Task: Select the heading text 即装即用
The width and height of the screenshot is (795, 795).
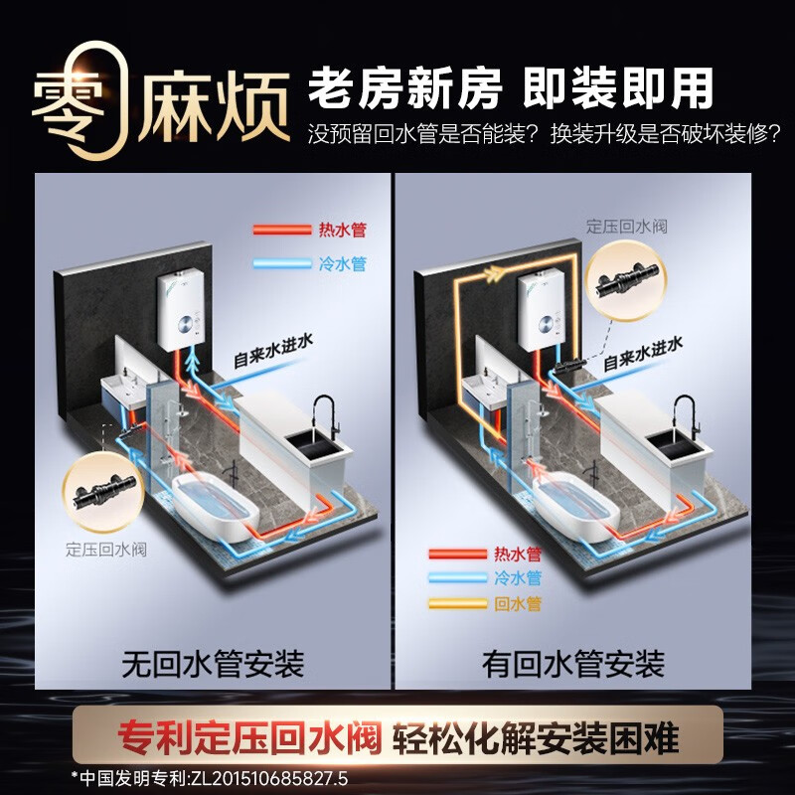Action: pyautogui.click(x=619, y=89)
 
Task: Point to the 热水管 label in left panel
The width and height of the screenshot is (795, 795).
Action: pyautogui.click(x=342, y=230)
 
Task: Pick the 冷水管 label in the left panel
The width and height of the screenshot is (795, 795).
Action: pyautogui.click(x=342, y=264)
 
